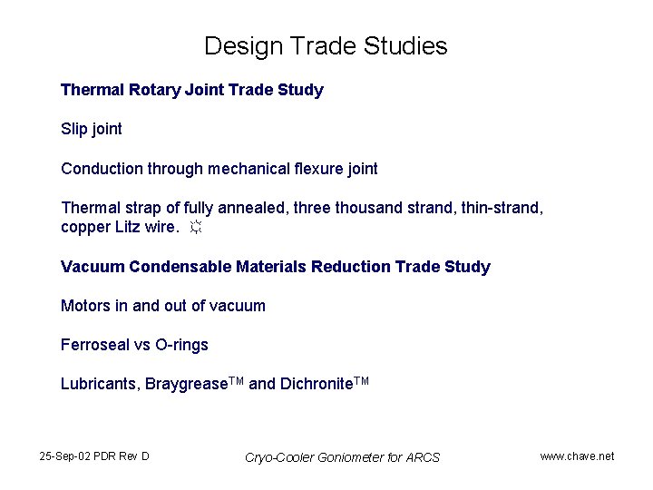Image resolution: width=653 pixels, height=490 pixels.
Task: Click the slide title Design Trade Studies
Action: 326,46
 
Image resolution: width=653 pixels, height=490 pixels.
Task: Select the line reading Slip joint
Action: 91,129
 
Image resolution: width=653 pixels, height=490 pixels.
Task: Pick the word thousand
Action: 370,208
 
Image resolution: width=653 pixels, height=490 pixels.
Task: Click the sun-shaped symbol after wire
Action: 196,228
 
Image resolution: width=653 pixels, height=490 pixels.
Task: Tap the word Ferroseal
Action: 95,345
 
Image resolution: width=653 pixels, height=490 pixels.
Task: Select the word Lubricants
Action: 99,384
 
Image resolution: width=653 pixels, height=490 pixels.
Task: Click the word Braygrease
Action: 185,384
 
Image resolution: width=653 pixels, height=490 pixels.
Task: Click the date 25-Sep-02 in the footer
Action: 64,456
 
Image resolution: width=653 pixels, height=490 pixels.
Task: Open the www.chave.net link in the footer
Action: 577,456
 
